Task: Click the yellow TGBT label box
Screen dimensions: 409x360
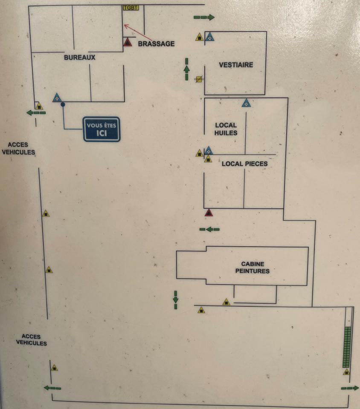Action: (131, 8)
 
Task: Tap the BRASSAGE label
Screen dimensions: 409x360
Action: (156, 43)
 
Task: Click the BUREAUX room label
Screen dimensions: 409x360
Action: (80, 57)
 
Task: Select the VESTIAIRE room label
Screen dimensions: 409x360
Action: (236, 65)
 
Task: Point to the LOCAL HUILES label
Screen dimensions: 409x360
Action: (226, 129)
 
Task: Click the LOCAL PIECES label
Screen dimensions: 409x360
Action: (244, 164)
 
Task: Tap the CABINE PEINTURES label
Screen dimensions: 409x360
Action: (253, 268)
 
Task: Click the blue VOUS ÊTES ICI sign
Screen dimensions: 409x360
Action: (102, 129)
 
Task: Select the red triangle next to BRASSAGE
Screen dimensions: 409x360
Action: (128, 42)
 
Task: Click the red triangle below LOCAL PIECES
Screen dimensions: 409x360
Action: (209, 213)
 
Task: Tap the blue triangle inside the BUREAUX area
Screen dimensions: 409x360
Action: (57, 98)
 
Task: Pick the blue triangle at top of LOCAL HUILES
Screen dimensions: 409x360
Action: (246, 103)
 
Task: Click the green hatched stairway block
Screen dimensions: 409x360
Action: (347, 347)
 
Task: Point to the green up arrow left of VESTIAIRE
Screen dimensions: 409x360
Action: (187, 69)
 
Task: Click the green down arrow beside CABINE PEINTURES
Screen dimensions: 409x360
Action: (175, 300)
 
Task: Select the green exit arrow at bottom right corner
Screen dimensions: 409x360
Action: (350, 388)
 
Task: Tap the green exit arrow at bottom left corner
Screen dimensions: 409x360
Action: (52, 388)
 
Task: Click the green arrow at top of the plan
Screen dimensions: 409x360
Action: (204, 17)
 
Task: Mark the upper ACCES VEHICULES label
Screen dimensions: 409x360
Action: (18, 149)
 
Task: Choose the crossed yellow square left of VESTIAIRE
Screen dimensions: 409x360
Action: (198, 79)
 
